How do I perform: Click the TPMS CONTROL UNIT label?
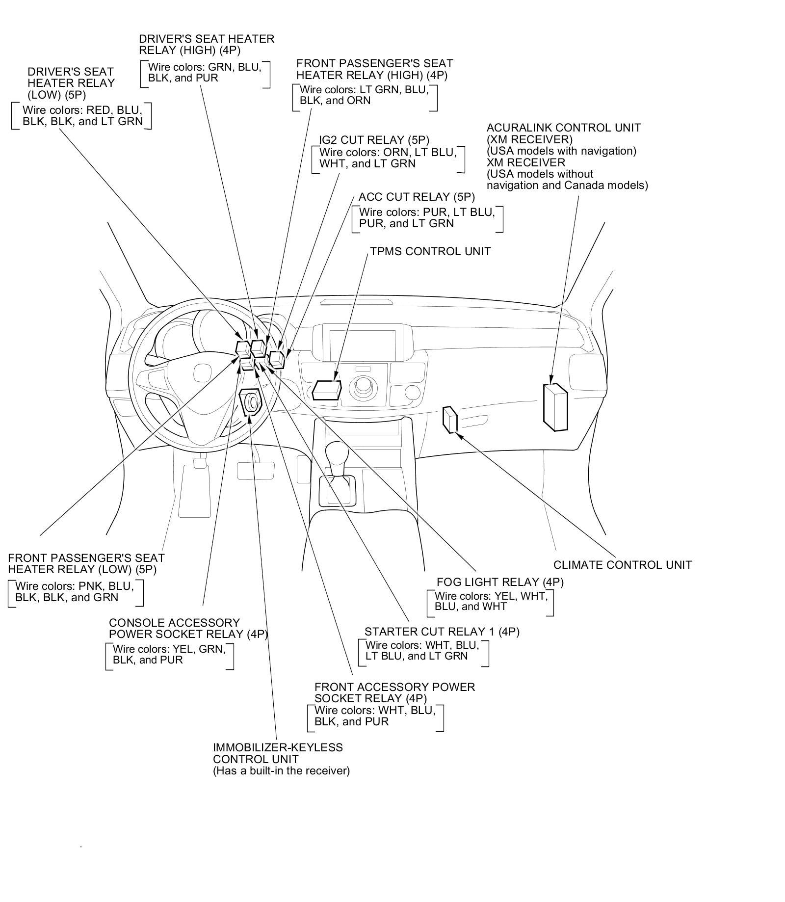(430, 251)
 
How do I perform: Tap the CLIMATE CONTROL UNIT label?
(623, 565)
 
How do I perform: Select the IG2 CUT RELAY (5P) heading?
(374, 140)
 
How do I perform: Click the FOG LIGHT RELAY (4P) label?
(500, 582)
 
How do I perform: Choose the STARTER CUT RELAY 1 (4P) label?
(442, 632)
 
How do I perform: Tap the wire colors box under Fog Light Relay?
(490, 602)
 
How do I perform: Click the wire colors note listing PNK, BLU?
(75, 592)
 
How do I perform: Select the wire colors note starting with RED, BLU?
(82, 116)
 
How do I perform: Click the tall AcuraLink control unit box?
(555, 407)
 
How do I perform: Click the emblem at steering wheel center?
(202, 370)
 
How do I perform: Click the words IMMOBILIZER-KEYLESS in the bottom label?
(278, 748)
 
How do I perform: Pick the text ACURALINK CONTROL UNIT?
(564, 128)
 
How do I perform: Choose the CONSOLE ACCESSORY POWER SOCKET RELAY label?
(188, 629)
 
